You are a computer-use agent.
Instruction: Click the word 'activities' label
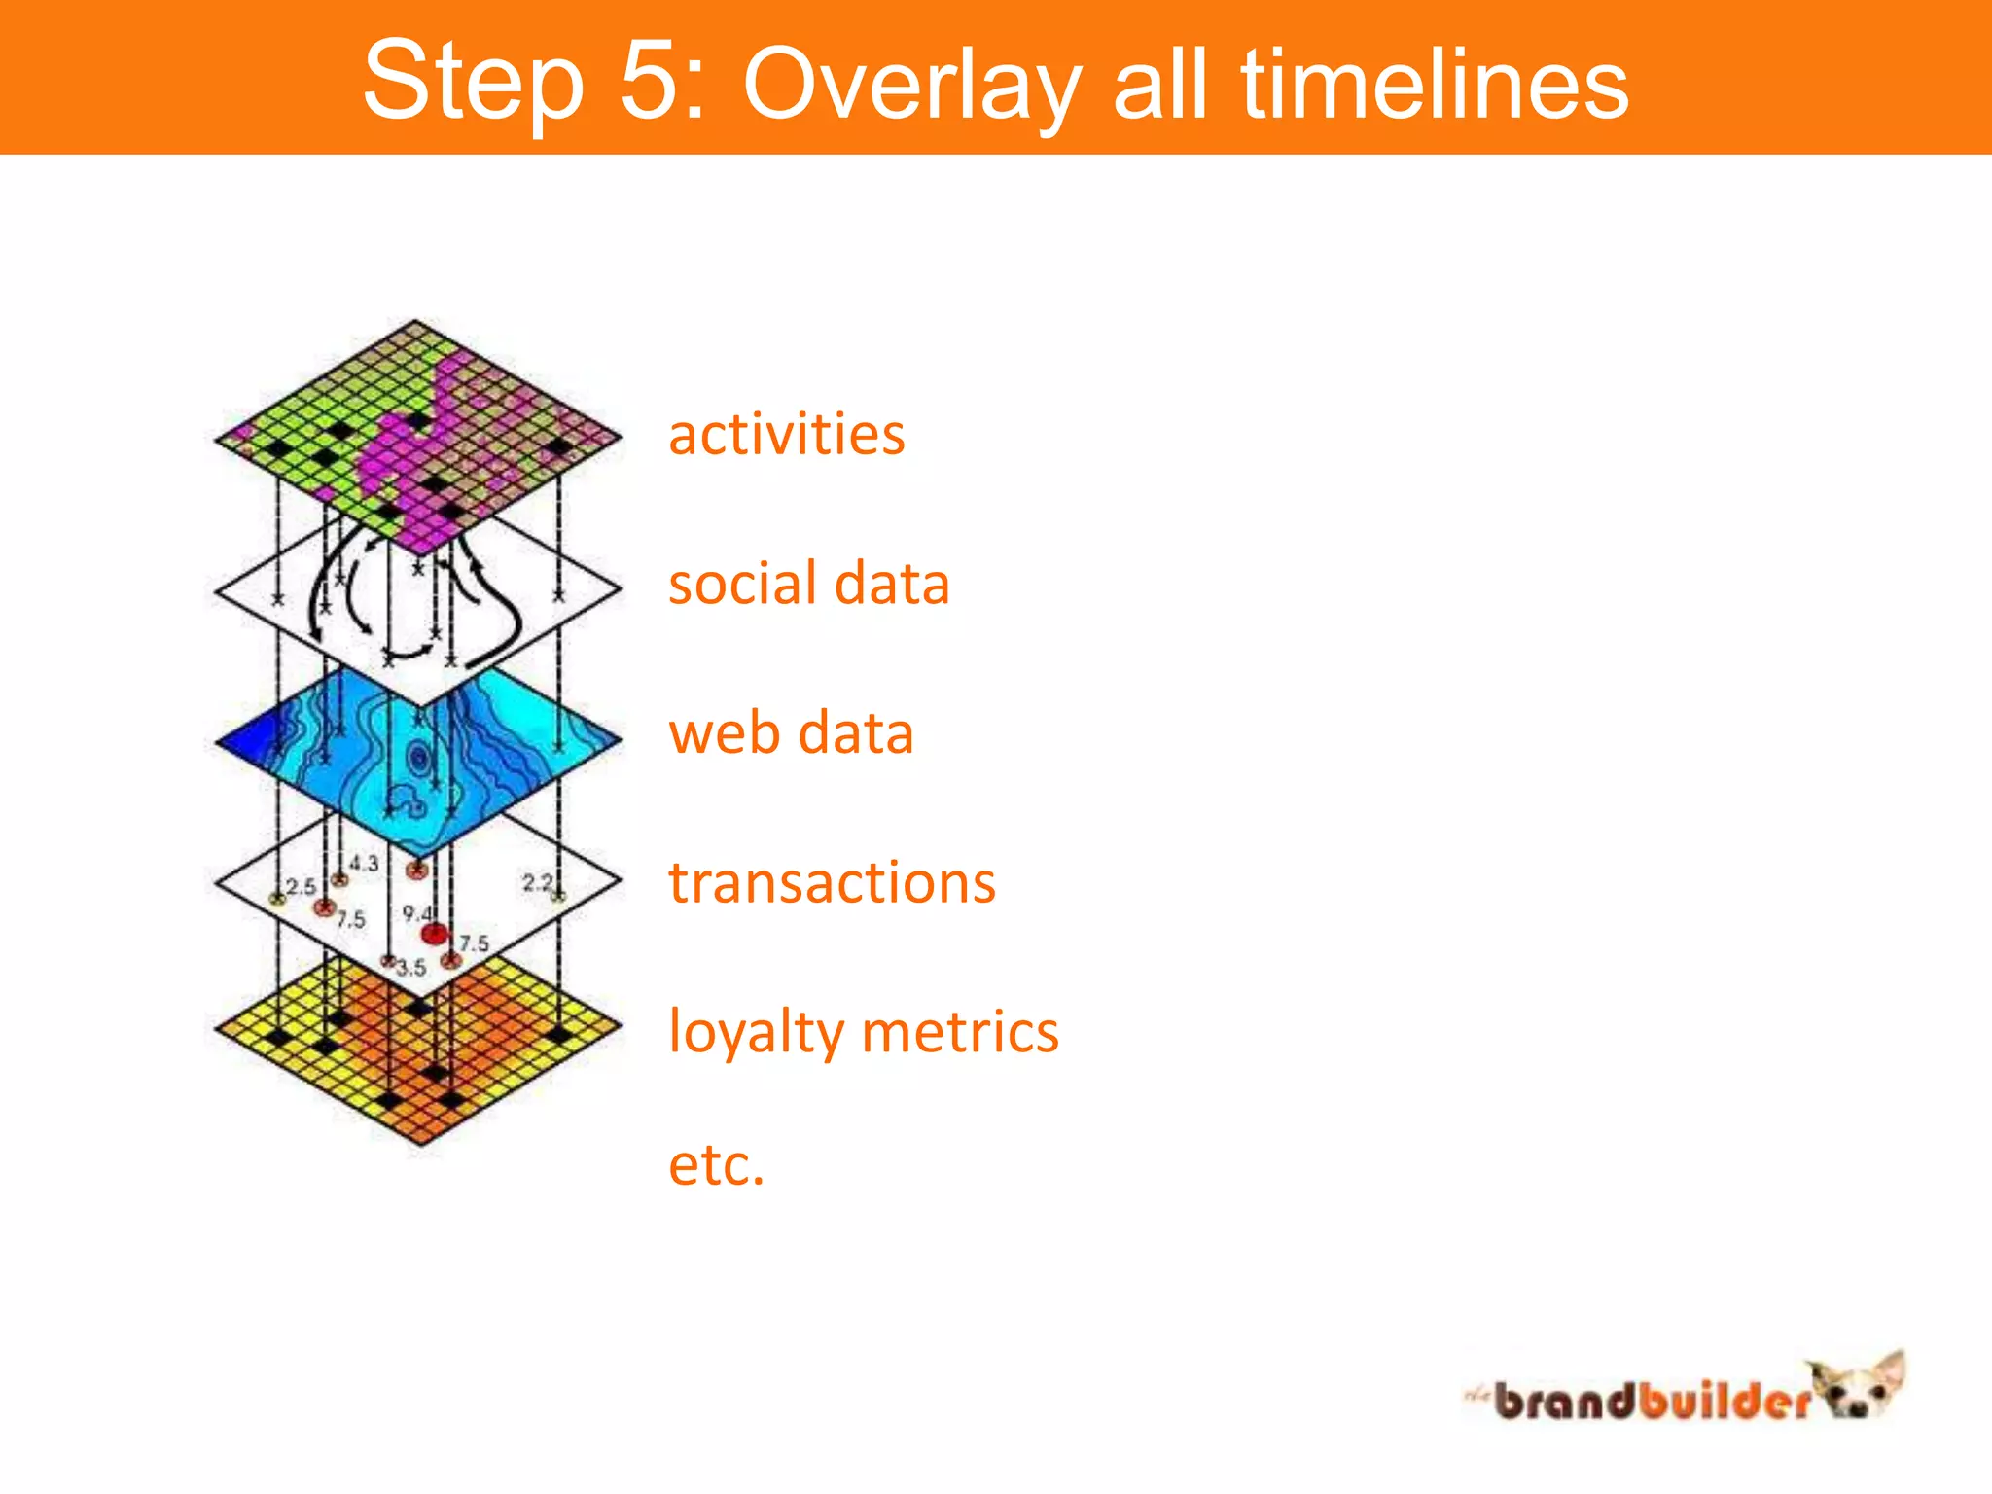tap(786, 435)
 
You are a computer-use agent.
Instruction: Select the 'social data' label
tap(808, 585)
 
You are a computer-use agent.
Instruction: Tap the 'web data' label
tap(791, 733)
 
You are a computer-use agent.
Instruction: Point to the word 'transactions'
tap(832, 883)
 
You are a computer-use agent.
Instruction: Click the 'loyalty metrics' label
tap(863, 1032)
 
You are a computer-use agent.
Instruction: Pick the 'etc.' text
tap(716, 1164)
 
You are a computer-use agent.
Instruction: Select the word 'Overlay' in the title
tap(911, 86)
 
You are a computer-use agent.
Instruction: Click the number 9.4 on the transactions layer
tap(416, 913)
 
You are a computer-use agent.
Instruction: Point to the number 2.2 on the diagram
tap(537, 882)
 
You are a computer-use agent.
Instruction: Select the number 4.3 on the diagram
tap(364, 863)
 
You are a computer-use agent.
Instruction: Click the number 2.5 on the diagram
tap(301, 886)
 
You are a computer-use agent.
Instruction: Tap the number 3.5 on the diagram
tap(411, 968)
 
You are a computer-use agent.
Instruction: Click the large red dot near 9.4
tap(434, 935)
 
